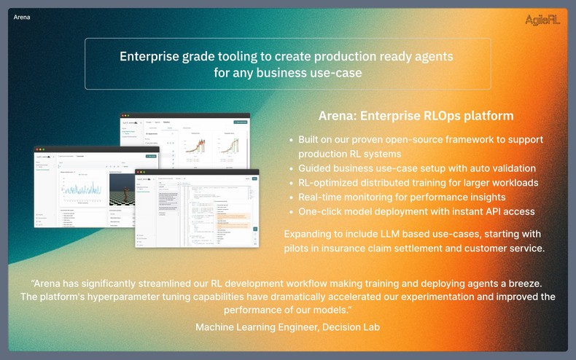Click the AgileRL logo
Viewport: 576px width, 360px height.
pos(541,20)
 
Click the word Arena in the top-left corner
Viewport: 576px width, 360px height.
pos(23,17)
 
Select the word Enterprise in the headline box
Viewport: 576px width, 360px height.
pos(149,56)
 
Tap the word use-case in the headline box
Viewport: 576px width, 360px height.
pos(335,73)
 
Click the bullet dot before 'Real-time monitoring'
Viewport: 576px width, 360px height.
pos(292,197)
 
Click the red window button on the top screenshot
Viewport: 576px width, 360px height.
pos(124,116)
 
